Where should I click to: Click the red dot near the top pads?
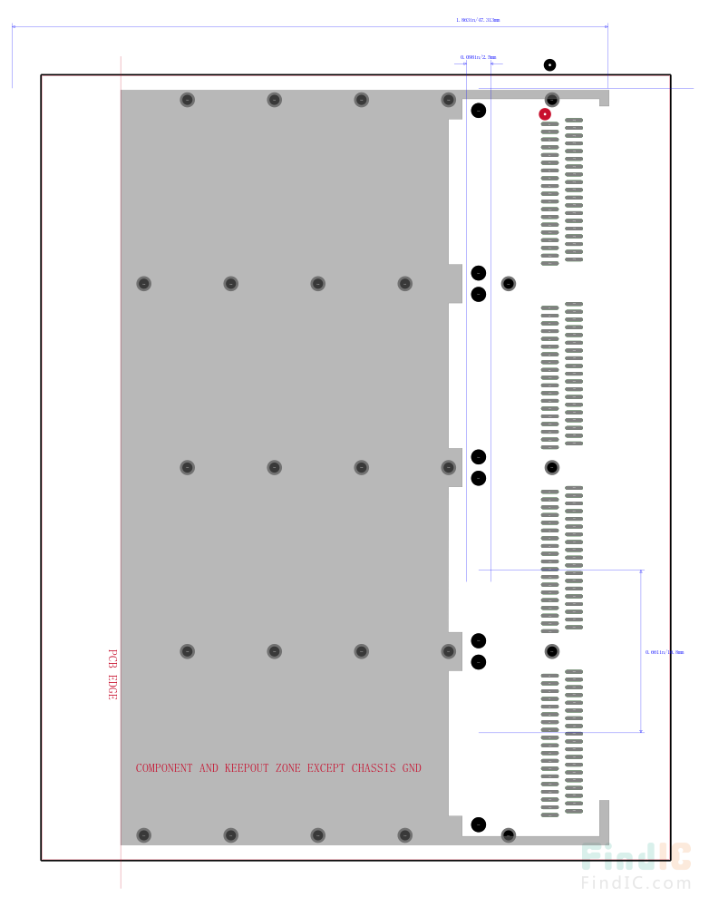tap(545, 114)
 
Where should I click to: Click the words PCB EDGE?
tap(112, 674)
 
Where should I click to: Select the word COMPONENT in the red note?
tap(164, 768)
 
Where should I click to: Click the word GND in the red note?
tap(412, 768)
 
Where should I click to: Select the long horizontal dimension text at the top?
tap(478, 19)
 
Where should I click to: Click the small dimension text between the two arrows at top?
tap(478, 57)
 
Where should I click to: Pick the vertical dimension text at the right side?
tap(665, 651)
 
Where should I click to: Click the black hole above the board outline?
tap(549, 64)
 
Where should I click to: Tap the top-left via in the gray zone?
tap(187, 100)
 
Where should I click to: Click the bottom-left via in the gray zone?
tap(143, 834)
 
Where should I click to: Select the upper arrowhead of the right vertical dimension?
tap(642, 573)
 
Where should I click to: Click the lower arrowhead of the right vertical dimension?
tap(642, 728)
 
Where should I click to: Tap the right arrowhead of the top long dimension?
tap(605, 26)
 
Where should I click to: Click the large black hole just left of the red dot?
tap(478, 111)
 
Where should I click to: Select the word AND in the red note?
tap(209, 768)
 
